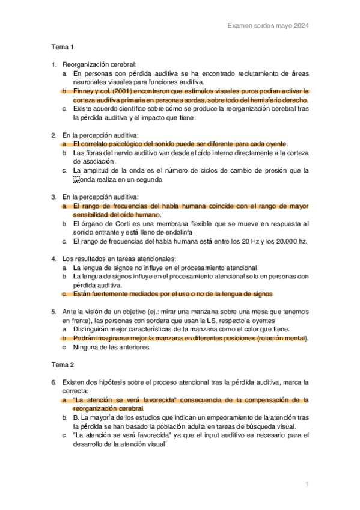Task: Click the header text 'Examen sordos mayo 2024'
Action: (x=269, y=26)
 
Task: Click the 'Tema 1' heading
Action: (x=62, y=46)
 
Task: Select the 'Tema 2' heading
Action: (x=62, y=365)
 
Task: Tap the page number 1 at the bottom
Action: (x=307, y=484)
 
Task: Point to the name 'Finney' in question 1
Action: (x=84, y=91)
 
